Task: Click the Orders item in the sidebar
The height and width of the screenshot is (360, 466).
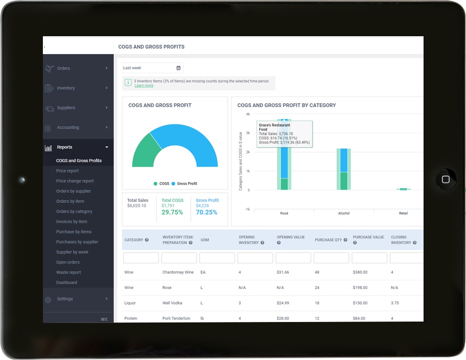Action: coord(63,68)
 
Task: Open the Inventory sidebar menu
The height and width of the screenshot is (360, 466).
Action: coord(66,88)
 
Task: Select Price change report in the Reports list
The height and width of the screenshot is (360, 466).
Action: coord(75,181)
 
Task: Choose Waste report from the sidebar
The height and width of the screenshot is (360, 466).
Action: coord(68,272)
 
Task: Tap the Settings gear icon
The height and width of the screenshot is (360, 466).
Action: coord(48,300)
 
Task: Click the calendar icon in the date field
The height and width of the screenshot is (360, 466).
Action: coord(178,68)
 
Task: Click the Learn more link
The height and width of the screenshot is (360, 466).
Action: coord(143,85)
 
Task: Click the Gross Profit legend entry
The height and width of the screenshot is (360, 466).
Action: coord(187,184)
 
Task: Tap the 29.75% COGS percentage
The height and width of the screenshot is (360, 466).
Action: coord(172,212)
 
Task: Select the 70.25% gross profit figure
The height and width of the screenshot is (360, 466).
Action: coord(206,212)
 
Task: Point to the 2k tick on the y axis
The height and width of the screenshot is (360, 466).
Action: coord(248,152)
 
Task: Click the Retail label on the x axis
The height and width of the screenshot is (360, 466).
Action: coord(403,213)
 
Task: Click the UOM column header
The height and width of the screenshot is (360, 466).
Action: coord(205,240)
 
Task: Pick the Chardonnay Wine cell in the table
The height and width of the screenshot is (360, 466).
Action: coord(177,272)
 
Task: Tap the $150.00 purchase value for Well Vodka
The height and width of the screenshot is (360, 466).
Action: coord(360,303)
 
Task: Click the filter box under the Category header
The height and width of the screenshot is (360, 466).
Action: coord(141,258)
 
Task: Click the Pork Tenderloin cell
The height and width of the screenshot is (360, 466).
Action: coord(176,318)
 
